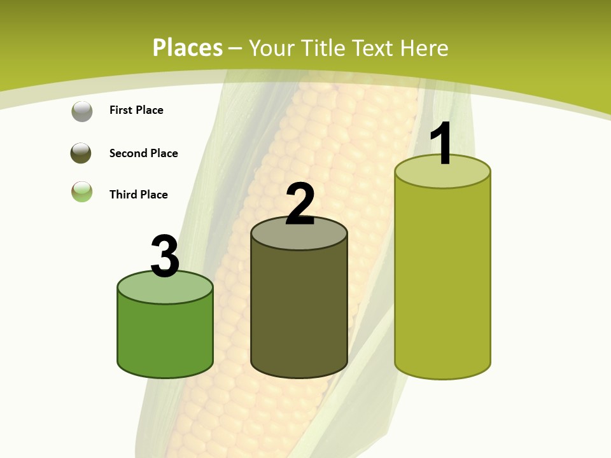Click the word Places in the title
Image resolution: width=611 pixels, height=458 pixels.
pos(188,48)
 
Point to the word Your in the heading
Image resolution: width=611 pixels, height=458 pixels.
pos(270,48)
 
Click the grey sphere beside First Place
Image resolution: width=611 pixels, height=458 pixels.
pos(81,111)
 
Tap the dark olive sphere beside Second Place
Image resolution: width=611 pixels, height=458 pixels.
pos(81,153)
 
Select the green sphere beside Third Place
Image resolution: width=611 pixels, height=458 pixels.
pos(81,192)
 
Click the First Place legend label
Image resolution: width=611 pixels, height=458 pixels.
pos(136,110)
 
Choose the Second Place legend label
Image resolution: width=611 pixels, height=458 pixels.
pos(143,153)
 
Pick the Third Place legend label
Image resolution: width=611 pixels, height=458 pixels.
pos(138,195)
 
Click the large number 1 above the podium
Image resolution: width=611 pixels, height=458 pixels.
pos(442,144)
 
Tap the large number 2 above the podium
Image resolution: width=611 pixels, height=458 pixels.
pos(300,204)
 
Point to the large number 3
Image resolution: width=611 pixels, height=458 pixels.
pos(165,256)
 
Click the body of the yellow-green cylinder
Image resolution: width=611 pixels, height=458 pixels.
pos(442,280)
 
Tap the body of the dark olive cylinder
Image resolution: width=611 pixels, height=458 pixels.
pos(299,312)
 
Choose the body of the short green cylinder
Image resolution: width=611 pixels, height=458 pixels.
pos(165,337)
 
